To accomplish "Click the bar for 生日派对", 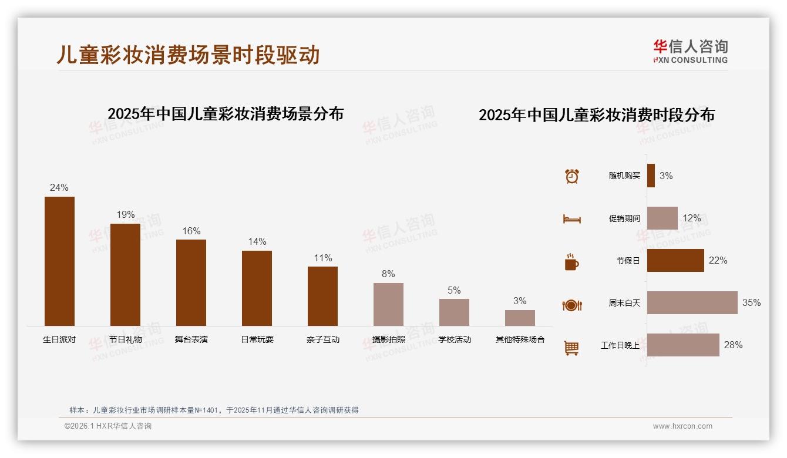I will point(59,261).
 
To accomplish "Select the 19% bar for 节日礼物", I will point(125,274).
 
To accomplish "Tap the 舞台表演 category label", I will point(191,339).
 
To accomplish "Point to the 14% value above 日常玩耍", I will point(257,241).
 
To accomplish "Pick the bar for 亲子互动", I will point(322,296).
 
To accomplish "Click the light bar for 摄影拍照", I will point(388,304).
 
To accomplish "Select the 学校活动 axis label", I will point(454,339).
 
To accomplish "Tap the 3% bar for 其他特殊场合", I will point(520,318).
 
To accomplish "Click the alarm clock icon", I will point(571,176).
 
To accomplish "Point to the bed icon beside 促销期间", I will point(571,218).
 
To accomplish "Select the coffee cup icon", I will point(571,261).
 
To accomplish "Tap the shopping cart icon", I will point(571,348).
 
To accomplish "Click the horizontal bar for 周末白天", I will point(692,302).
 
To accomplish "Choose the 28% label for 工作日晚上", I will point(733,345).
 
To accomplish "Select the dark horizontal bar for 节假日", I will point(675,260).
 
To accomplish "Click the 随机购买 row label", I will point(624,176).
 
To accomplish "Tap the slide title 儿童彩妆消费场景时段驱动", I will point(188,55).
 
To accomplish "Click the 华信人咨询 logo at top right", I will point(690,51).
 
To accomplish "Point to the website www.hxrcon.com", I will point(682,426).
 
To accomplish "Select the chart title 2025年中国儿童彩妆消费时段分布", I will point(596,115).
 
